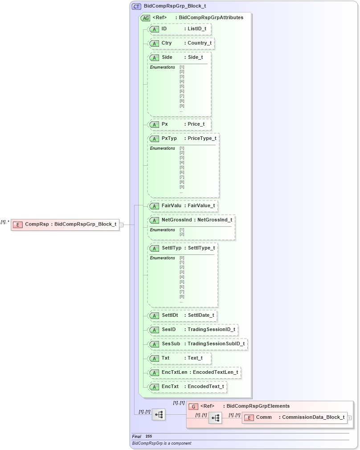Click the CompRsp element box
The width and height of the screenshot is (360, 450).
click(x=65, y=225)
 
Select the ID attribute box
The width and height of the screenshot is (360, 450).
click(x=179, y=29)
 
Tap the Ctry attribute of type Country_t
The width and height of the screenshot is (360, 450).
click(x=181, y=43)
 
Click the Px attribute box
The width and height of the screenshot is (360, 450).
click(x=179, y=124)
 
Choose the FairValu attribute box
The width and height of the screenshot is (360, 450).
click(x=183, y=206)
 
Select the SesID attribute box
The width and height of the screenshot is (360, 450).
click(x=192, y=330)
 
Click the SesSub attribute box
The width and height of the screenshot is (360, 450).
click(x=197, y=344)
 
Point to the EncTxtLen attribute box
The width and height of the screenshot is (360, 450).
click(x=194, y=372)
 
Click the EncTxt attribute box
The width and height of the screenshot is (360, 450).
click(x=187, y=387)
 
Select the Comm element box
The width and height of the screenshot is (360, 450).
click(x=295, y=417)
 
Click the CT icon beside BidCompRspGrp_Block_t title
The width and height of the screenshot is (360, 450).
click(x=136, y=7)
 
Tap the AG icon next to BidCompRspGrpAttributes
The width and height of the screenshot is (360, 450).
click(x=145, y=18)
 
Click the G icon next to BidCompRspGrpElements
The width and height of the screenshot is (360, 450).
click(x=193, y=406)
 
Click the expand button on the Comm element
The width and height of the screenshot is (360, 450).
click(x=349, y=418)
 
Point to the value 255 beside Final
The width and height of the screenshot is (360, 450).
click(x=149, y=437)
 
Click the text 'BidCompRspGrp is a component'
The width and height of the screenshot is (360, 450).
click(x=161, y=443)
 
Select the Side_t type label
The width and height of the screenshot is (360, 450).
click(x=195, y=57)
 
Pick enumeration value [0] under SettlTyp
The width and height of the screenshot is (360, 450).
click(x=182, y=258)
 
